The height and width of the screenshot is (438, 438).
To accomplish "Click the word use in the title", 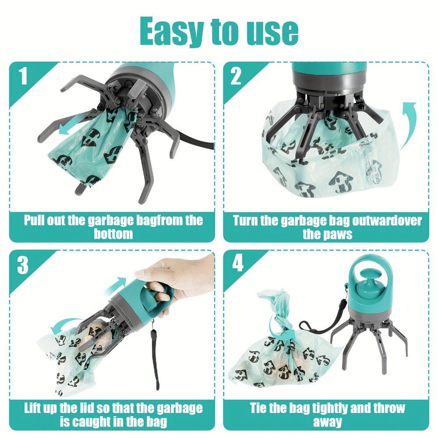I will pyautogui.click(x=269, y=32).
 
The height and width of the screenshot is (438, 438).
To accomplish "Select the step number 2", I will pyautogui.click(x=236, y=76).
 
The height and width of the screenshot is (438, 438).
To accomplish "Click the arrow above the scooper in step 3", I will pyautogui.click(x=115, y=284).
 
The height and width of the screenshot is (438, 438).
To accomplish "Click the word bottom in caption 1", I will pyautogui.click(x=113, y=234).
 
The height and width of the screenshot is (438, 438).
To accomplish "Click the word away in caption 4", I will pyautogui.click(x=328, y=422).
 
